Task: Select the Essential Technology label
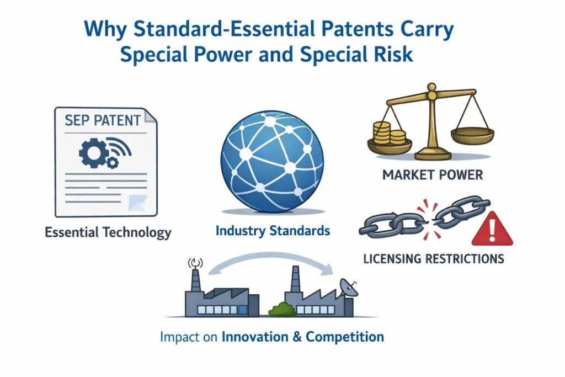(108, 232)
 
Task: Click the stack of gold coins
(389, 134)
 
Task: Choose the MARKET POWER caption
(431, 175)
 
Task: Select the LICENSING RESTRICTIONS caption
(433, 258)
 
